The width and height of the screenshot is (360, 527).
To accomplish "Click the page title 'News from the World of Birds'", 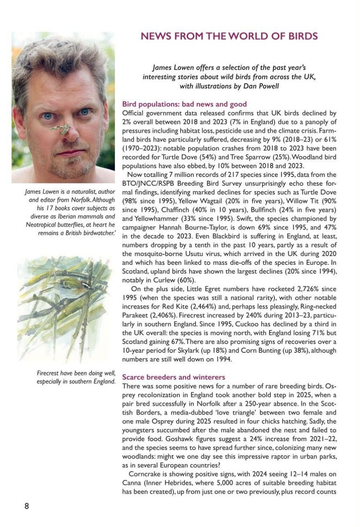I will tap(229, 36).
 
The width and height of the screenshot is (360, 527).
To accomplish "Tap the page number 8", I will tap(27, 506).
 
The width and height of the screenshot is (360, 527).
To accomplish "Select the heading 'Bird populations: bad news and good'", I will tap(184, 104).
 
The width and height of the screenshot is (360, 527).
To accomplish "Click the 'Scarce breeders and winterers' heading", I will tap(174, 377).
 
